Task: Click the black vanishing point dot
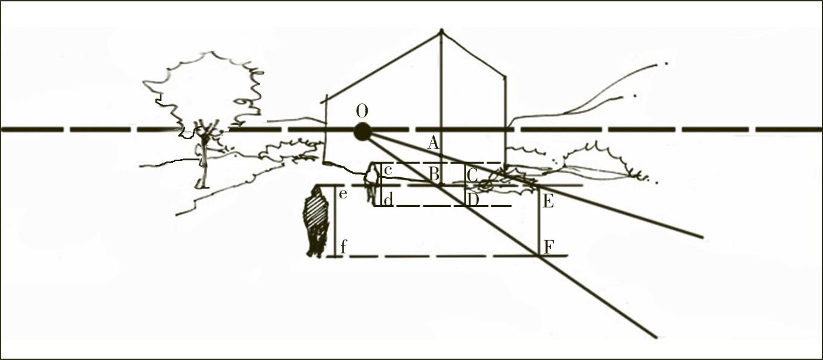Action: tap(363, 132)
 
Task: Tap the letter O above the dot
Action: tap(362, 111)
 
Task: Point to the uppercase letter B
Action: tap(434, 174)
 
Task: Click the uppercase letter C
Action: tap(472, 175)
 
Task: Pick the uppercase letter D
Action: tap(473, 200)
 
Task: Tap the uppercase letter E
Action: tap(548, 202)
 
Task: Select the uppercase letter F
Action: tap(548, 247)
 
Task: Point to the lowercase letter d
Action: tap(388, 200)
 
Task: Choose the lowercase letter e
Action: tap(343, 194)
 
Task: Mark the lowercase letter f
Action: tap(343, 246)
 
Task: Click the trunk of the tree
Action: tap(203, 162)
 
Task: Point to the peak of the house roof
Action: tap(441, 30)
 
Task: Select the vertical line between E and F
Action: tap(539, 220)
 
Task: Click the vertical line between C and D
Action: tap(466, 185)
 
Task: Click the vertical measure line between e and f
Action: tap(335, 221)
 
